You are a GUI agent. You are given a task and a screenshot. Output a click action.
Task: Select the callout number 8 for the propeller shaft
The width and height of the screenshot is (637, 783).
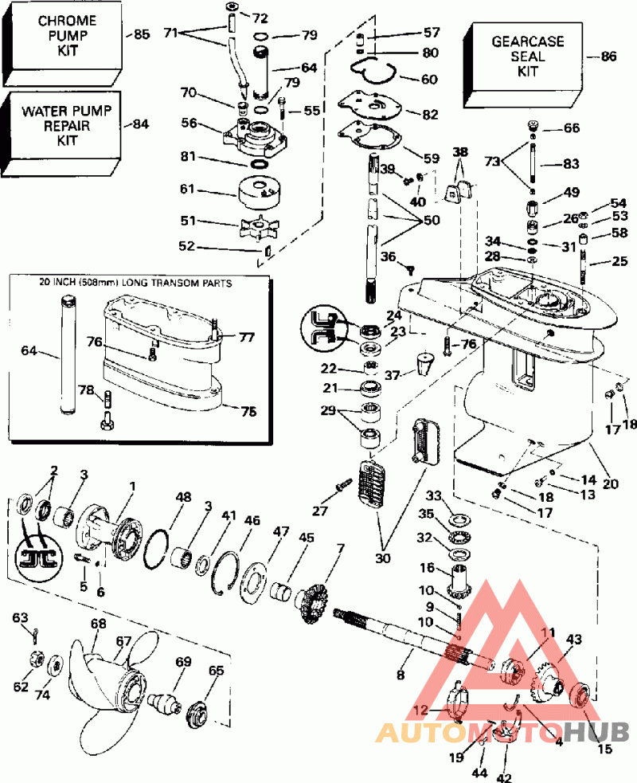[x=400, y=675]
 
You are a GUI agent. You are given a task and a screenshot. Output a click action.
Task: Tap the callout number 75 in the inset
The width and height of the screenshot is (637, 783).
[x=248, y=412]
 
